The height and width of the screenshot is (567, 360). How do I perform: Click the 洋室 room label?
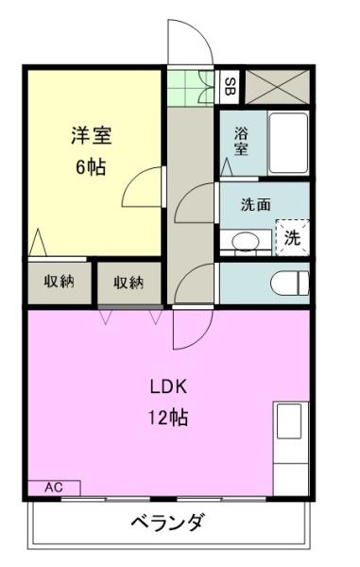pos(92,135)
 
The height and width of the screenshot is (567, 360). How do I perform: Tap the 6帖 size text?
pos(91,167)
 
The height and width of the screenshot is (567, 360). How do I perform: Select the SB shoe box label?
pos(230,87)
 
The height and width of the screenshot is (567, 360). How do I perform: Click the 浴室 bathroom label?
pos(241,142)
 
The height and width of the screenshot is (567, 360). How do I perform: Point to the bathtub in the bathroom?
pos(288,144)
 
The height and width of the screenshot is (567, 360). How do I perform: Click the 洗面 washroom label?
pos(256,205)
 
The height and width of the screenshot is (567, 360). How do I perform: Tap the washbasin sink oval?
pos(246,241)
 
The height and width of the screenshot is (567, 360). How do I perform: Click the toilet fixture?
pos(290,283)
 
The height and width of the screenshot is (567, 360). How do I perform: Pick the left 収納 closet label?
pos(60,281)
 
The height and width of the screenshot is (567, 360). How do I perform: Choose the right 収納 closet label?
pos(129,283)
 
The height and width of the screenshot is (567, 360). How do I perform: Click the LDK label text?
pos(168,387)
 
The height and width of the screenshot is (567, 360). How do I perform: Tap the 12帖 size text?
pos(168,418)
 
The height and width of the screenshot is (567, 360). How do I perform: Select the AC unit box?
pos(54,488)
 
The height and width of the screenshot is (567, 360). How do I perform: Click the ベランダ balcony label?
pos(167,523)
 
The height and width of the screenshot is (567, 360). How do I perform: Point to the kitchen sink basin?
pos(289,421)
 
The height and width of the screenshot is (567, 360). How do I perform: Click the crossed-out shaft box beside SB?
pos(278,87)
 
